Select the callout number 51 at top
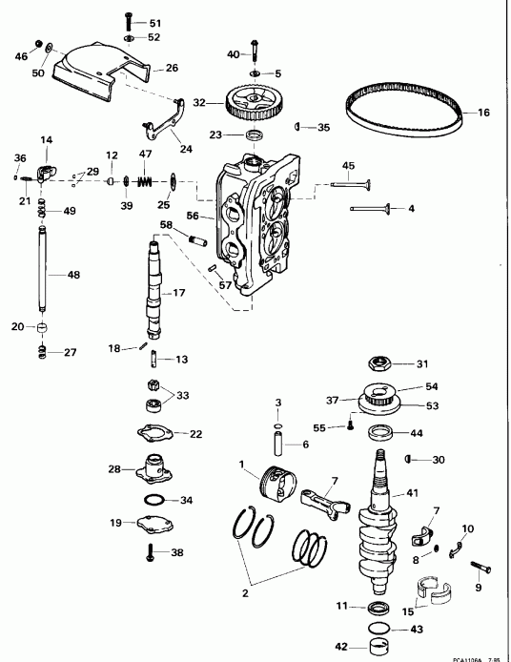(x=155, y=22)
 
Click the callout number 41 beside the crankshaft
(x=412, y=493)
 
